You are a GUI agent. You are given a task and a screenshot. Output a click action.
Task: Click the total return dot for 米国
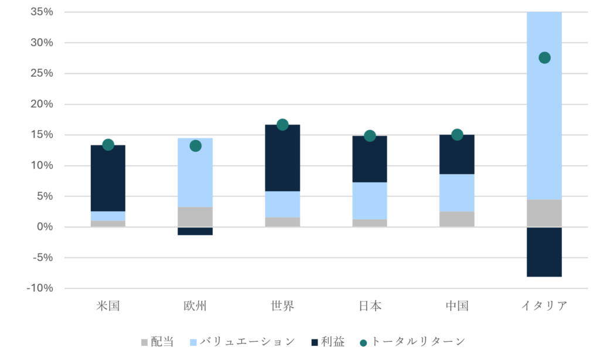pos(108,145)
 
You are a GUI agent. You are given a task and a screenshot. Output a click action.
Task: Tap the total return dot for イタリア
pos(544,57)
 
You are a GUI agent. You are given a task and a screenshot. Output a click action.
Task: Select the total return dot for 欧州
pos(196,145)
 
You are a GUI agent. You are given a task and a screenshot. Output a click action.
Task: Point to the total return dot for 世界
pos(282,124)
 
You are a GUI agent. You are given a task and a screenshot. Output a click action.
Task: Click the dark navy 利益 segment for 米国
pos(108,178)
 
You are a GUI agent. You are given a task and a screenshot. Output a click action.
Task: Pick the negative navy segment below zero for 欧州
pos(196,231)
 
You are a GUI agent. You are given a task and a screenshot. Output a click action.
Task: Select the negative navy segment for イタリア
pos(544,252)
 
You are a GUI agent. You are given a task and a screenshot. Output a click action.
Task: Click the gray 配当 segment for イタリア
pos(544,213)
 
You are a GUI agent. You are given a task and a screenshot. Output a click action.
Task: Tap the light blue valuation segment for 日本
pos(370,201)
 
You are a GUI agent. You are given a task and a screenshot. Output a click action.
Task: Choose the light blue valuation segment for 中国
pos(457,192)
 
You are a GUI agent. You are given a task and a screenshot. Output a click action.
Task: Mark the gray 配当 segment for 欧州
pos(196,216)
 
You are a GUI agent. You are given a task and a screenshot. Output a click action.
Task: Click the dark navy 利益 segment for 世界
pos(282,158)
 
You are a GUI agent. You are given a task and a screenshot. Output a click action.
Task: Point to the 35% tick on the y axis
pos(41,12)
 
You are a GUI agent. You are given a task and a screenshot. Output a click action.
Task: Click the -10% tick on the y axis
pos(40,288)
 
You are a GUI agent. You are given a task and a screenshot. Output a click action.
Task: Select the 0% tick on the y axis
pos(45,227)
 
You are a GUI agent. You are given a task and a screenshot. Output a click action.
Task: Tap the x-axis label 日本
pos(370,305)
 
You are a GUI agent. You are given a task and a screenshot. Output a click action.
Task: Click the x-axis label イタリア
pos(544,305)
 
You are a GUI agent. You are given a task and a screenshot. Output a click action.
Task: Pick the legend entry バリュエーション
pos(247,341)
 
